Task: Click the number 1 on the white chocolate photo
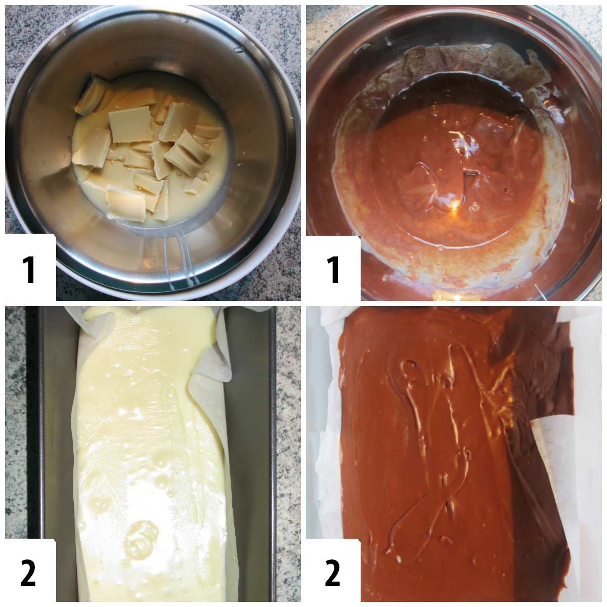click(29, 269)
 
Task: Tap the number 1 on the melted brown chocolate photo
click(333, 269)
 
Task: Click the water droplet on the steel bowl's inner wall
click(236, 50)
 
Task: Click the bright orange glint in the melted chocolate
click(458, 205)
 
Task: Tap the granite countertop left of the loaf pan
click(20, 430)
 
